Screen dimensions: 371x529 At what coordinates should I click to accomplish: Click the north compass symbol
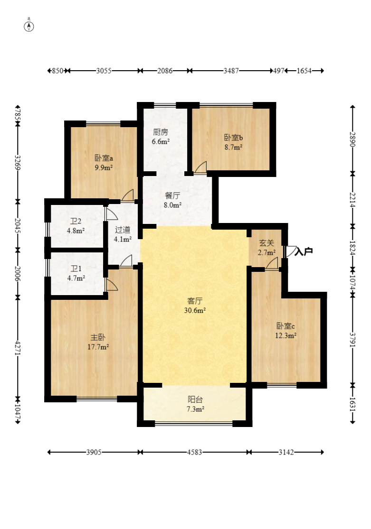[29, 26]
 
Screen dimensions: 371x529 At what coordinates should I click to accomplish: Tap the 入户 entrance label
[304, 251]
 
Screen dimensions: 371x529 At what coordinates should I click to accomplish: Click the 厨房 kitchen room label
[160, 132]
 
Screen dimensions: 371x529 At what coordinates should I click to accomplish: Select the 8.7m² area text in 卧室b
[234, 147]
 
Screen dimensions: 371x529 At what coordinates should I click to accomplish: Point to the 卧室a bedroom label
[104, 158]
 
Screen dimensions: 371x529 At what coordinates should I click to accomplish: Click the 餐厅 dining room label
[172, 195]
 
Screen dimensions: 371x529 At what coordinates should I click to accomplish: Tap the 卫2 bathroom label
[76, 221]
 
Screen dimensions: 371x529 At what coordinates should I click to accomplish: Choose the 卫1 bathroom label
[76, 269]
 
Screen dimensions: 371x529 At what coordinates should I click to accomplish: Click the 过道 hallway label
[122, 230]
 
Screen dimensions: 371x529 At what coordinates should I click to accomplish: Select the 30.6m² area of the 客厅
[195, 310]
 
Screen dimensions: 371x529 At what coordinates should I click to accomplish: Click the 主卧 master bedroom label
[98, 337]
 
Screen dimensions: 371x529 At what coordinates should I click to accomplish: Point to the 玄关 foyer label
[266, 242]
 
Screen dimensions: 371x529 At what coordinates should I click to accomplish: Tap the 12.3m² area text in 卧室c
[286, 336]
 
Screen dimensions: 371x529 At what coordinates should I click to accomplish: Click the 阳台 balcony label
[195, 399]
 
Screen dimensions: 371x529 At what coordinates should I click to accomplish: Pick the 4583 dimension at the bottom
[194, 452]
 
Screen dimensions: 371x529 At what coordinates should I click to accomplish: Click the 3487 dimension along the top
[231, 71]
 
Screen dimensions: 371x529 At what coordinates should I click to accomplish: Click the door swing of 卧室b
[200, 167]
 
